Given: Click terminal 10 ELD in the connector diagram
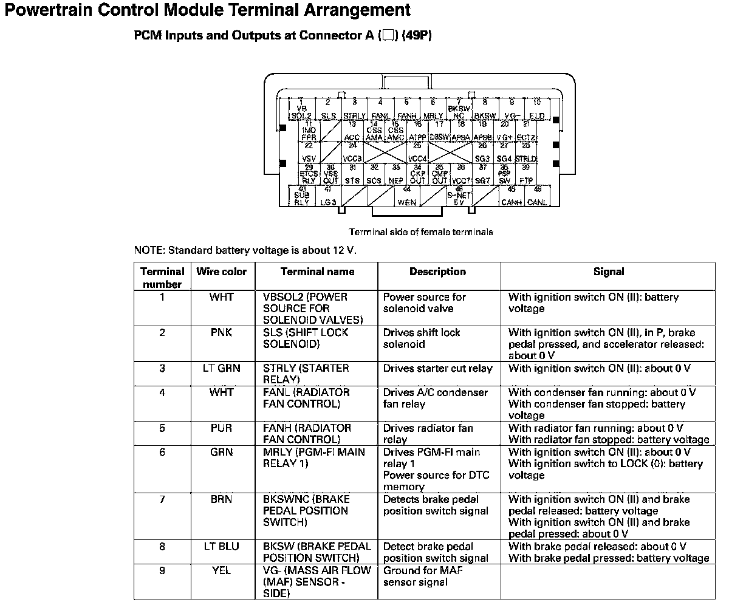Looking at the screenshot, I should coord(536,109).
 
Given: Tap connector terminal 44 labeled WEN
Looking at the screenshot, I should coord(406,196).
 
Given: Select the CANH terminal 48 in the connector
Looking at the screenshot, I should coord(512,196).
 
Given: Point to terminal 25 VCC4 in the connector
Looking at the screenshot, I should coord(417,152).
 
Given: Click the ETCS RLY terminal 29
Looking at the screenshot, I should coord(309,174).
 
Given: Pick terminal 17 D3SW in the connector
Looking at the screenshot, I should coord(439,131).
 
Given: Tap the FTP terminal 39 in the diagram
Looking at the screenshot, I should coord(526,174).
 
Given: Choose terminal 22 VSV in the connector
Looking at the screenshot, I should coord(309,152).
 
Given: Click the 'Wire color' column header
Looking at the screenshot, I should coord(222,272).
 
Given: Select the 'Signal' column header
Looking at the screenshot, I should coord(608,272).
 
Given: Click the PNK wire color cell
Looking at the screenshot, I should coord(222,332).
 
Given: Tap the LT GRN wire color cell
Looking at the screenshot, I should coord(222,368).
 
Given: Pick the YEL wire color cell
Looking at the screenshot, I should coord(222,570).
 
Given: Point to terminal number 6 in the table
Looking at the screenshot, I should coord(162,452).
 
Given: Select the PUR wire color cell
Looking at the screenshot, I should coord(222,428).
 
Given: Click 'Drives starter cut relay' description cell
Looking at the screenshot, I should coord(437,368).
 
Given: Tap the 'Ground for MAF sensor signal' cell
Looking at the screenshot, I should coord(416,576).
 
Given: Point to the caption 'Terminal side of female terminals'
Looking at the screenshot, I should coord(420,232).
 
